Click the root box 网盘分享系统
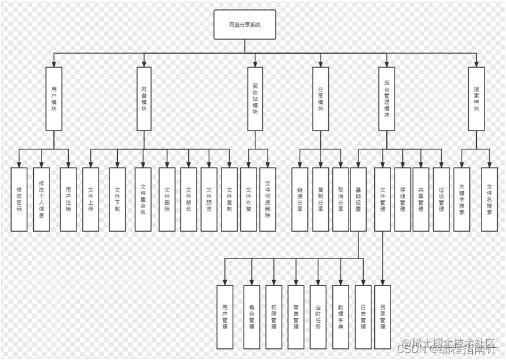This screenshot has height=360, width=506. (x=245, y=25)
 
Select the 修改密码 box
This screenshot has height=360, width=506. (x=19, y=199)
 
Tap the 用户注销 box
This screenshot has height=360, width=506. (x=68, y=199)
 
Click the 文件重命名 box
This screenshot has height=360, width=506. (x=143, y=199)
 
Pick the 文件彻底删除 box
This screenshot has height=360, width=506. (x=268, y=199)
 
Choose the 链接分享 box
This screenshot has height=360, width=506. (x=300, y=199)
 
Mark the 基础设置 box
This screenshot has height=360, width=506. (x=358, y=199)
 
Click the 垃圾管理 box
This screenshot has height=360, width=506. (x=441, y=199)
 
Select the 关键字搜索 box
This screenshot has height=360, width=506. (x=462, y=199)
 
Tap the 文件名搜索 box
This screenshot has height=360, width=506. (x=489, y=199)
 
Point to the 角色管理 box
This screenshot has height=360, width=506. (x=252, y=317)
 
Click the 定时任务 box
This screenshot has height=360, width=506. (x=318, y=317)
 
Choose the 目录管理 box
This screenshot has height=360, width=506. (x=382, y=317)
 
